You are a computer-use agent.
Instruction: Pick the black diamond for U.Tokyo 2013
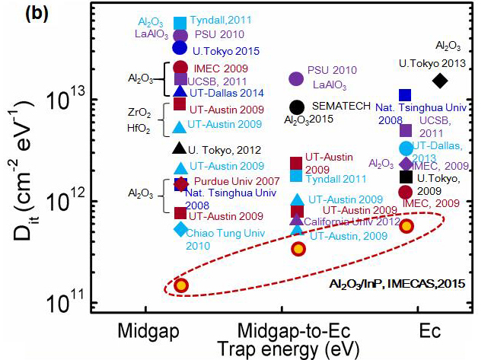[x=439, y=81]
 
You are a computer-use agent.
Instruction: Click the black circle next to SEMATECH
[x=298, y=107]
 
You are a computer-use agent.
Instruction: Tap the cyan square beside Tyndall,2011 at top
[x=180, y=22]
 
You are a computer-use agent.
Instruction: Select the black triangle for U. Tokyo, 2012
[x=180, y=148]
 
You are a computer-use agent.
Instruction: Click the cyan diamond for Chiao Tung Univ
[x=180, y=228]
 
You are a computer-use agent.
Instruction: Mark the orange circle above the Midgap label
[x=181, y=285]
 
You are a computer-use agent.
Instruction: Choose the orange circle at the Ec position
[x=407, y=225]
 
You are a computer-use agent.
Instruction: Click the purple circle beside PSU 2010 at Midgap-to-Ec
[x=297, y=78]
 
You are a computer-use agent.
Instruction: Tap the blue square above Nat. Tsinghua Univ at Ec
[x=406, y=95]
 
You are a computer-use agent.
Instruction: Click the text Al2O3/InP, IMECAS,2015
[x=397, y=284]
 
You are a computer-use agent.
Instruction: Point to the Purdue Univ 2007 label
[x=227, y=181]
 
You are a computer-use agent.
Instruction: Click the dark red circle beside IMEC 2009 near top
[x=180, y=68]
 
